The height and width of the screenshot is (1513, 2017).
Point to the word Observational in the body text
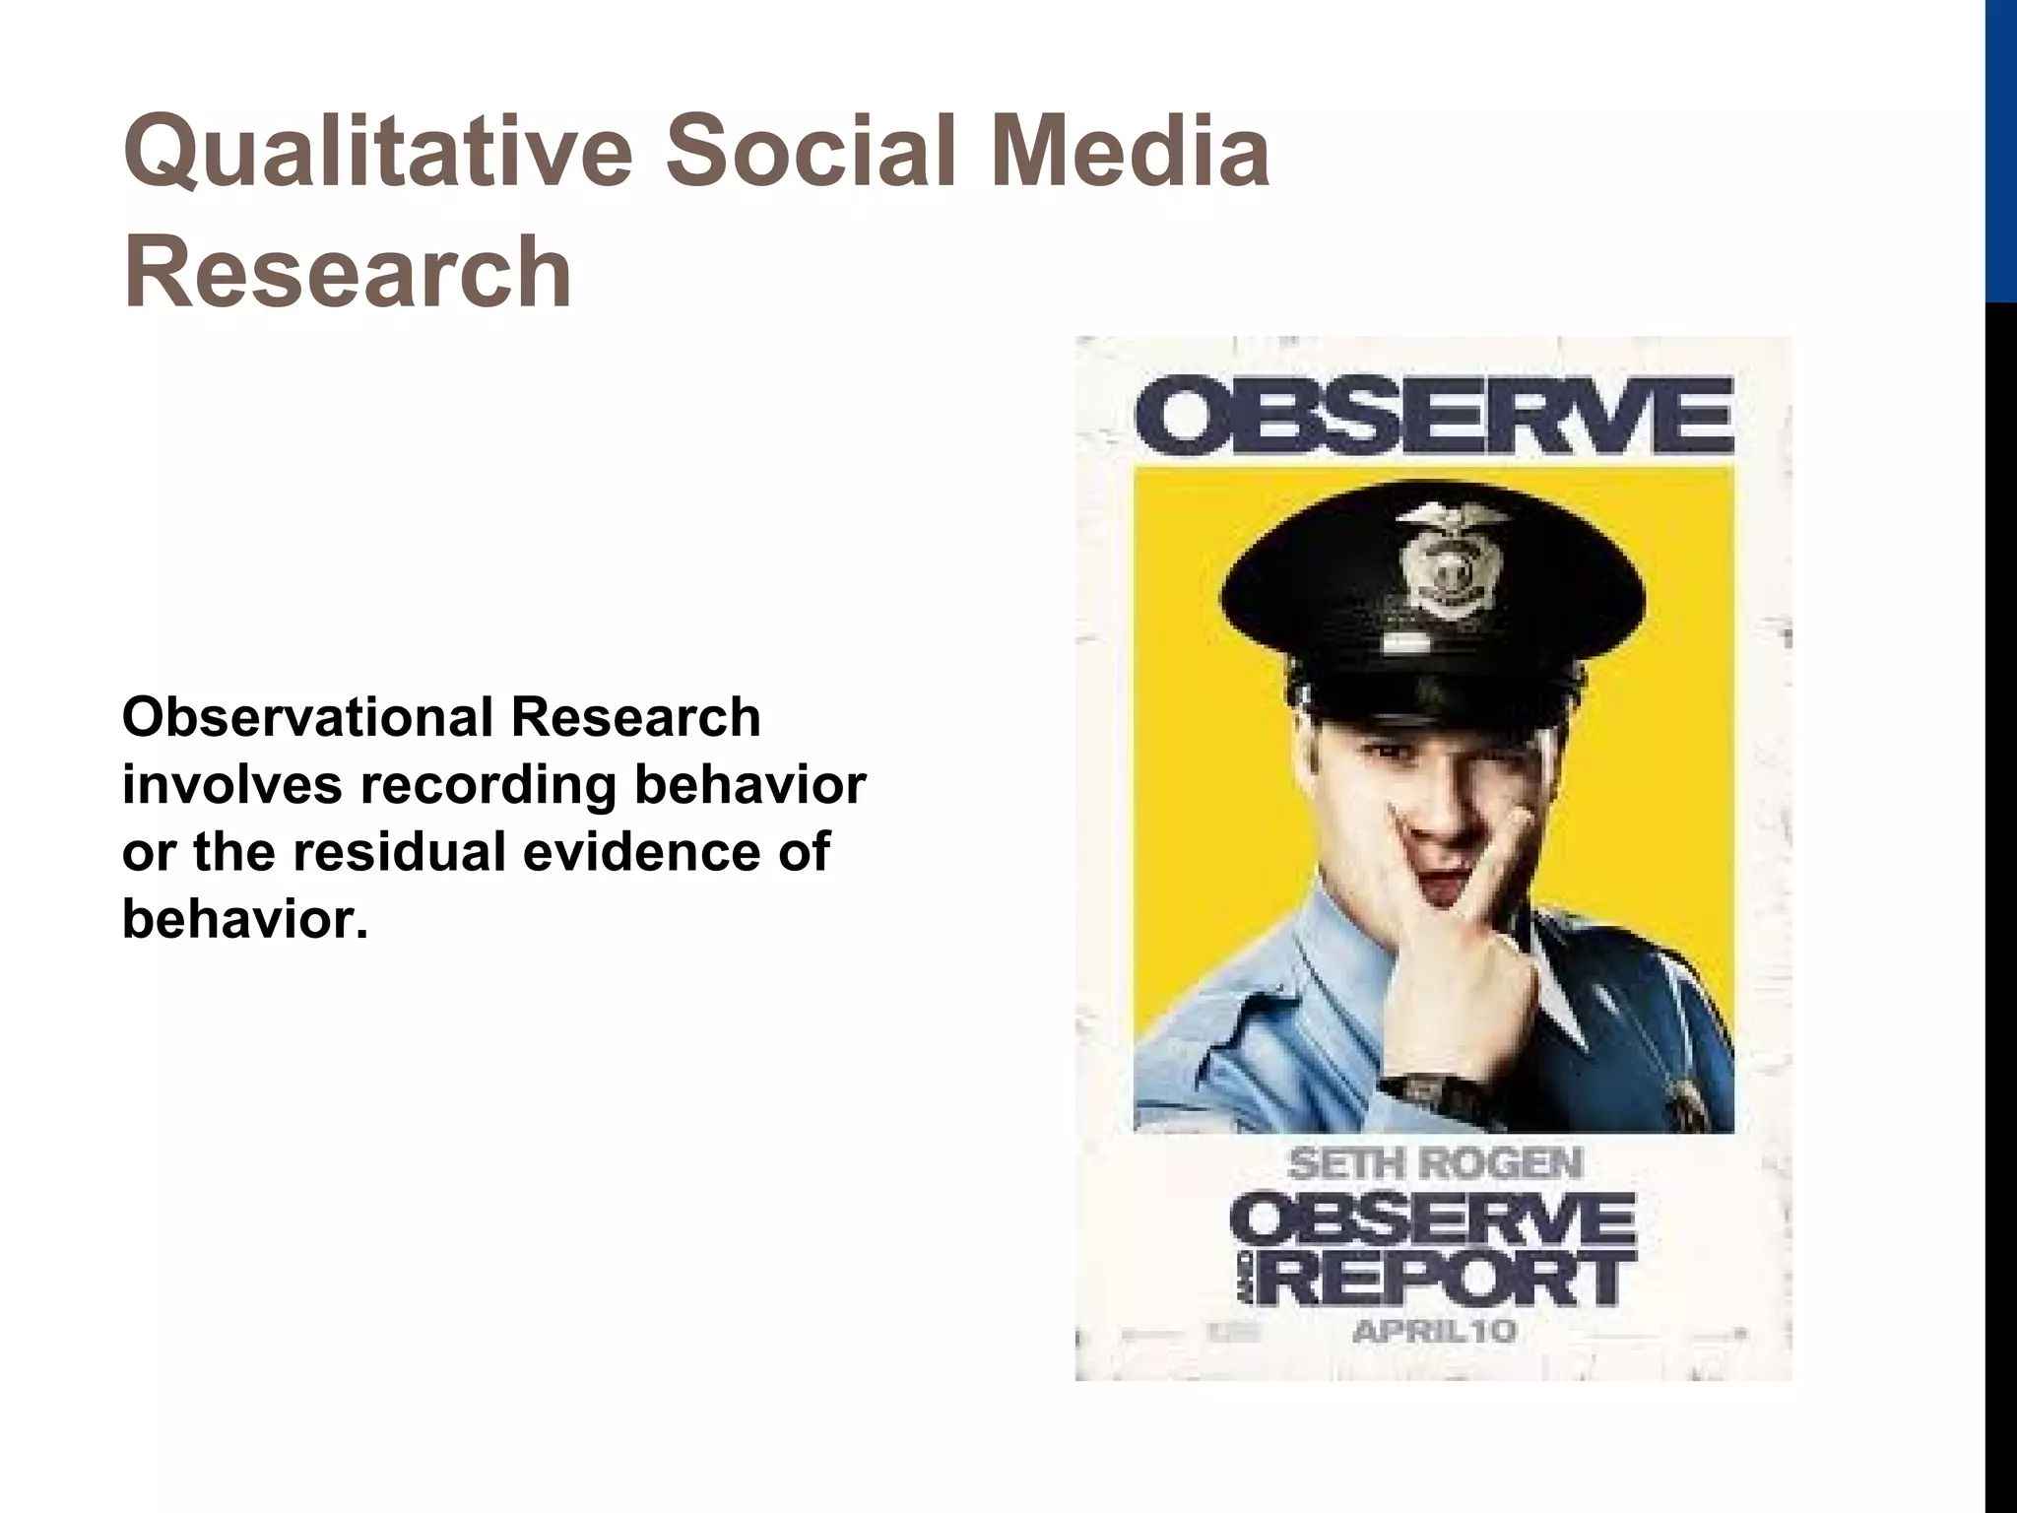coord(305,719)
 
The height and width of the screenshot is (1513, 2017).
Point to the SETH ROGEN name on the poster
coord(1435,1165)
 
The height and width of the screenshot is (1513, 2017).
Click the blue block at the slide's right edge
coord(2001,148)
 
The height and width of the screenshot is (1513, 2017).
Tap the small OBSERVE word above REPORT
coord(1433,1221)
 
